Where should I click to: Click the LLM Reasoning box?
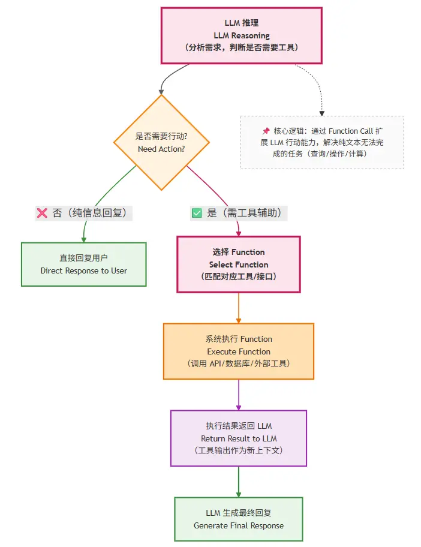[x=241, y=35]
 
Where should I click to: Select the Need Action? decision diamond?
[x=161, y=143]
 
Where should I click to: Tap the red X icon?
[x=42, y=213]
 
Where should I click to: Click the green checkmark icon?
[x=197, y=213]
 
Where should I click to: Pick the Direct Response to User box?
[x=84, y=264]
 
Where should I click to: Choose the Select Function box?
[x=238, y=265]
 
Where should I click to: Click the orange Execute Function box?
[x=238, y=351]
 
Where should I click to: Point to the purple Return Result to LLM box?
[x=238, y=438]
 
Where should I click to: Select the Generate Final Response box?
[x=238, y=519]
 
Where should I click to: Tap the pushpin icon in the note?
[x=266, y=131]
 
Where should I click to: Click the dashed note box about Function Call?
[x=322, y=142]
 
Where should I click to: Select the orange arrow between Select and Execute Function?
[x=239, y=308]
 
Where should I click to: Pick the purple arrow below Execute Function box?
[x=239, y=395]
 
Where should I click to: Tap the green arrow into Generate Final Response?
[x=239, y=482]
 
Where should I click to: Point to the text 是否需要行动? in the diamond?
[x=161, y=136]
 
